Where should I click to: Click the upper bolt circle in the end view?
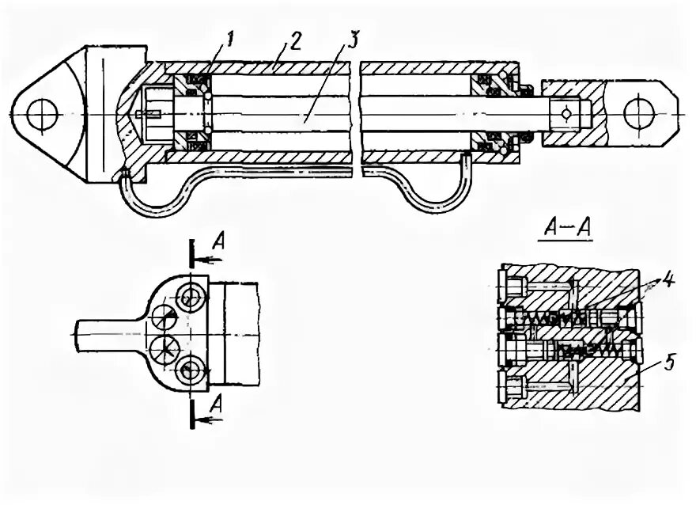191,299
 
